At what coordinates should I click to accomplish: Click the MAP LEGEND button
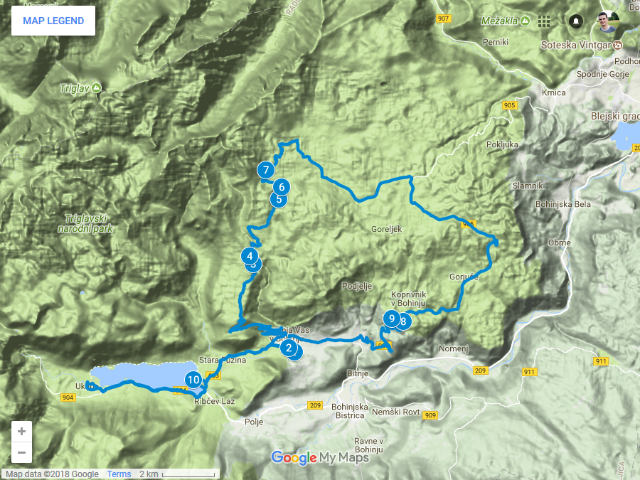[x=53, y=21]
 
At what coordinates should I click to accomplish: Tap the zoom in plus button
[x=21, y=432]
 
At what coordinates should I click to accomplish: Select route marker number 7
[x=265, y=170]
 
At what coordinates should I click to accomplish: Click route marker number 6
[x=282, y=187]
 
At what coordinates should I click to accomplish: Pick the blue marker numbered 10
[x=193, y=380]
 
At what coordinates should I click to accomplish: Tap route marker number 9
[x=391, y=318]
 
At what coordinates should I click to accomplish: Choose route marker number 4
[x=250, y=255]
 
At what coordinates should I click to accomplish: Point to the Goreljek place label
[x=387, y=230]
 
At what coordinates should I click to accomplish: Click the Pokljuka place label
[x=503, y=144]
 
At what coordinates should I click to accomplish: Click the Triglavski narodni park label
[x=88, y=224]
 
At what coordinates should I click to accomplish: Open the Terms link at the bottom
[x=119, y=474]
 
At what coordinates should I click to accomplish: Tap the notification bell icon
[x=575, y=21]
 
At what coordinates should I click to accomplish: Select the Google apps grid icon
[x=544, y=21]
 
